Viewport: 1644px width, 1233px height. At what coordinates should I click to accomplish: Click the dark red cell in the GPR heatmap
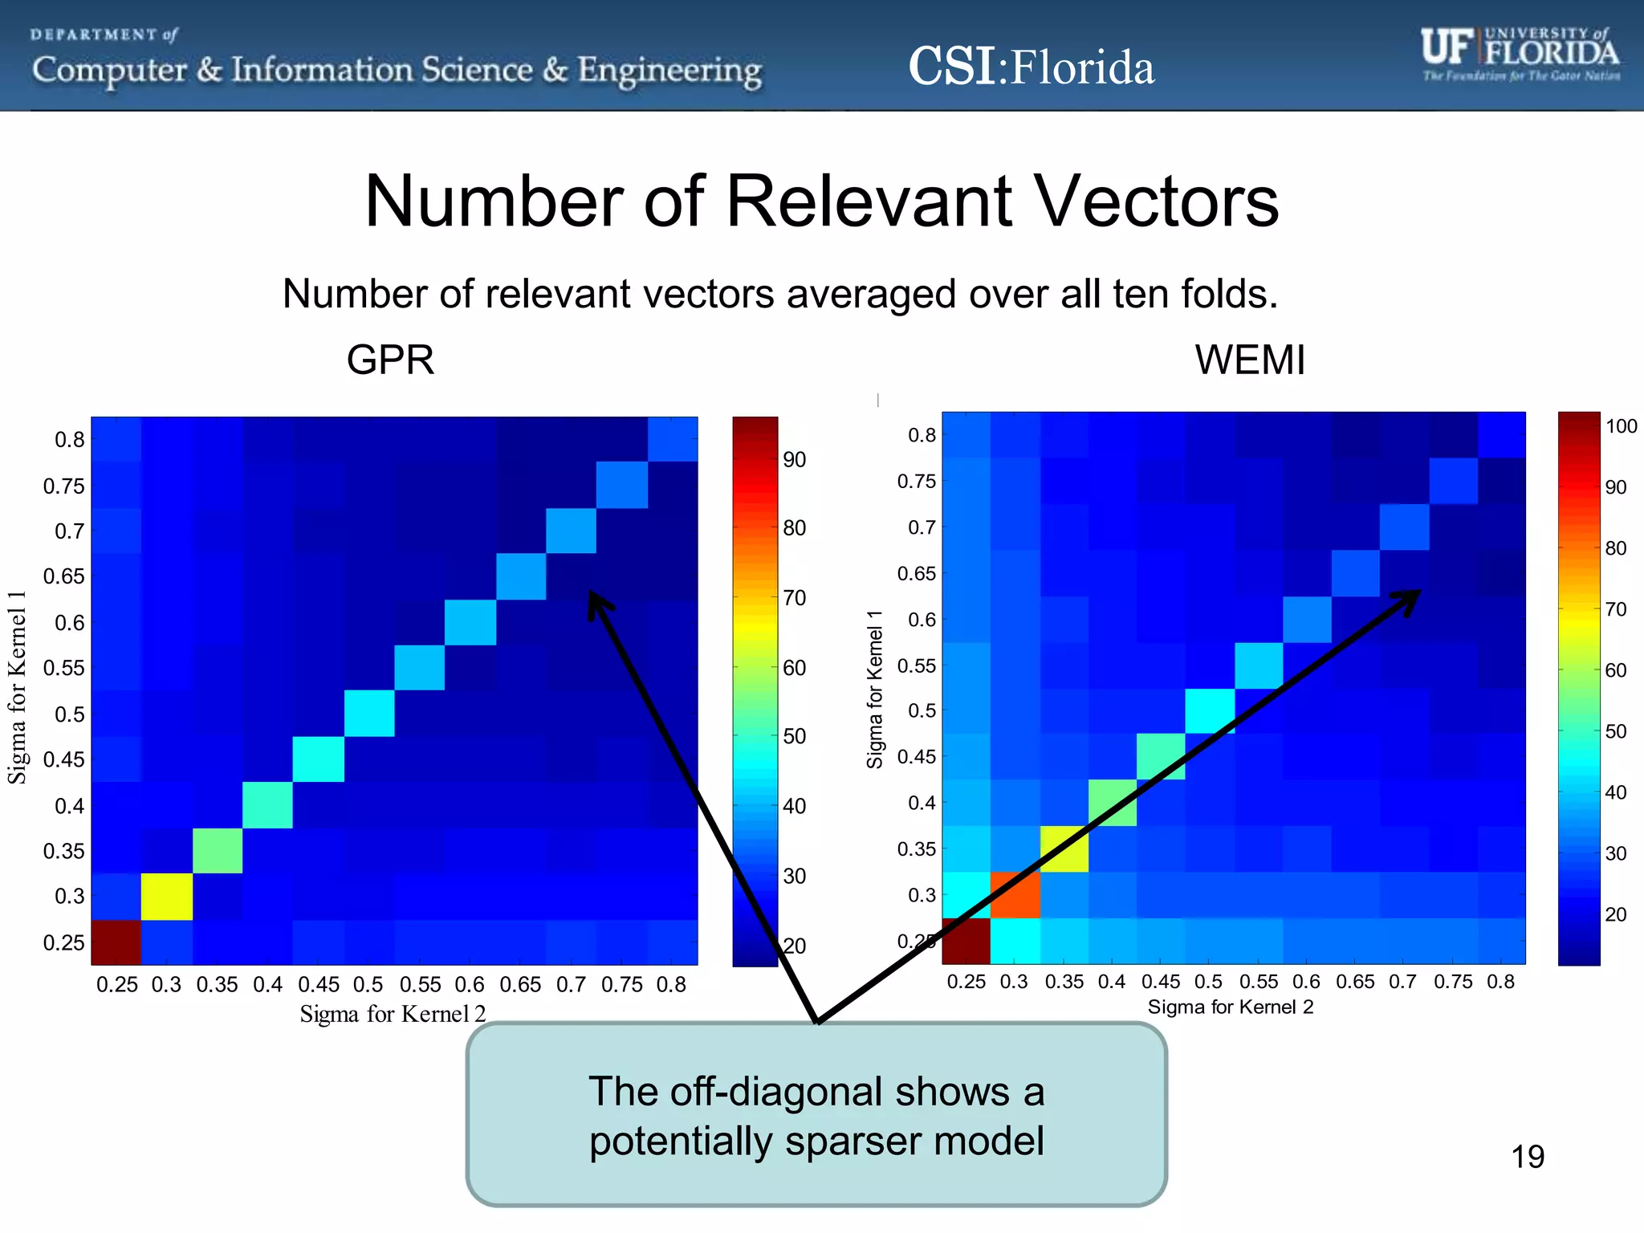(x=116, y=942)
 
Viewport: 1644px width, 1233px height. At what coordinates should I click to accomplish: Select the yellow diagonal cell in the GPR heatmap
(x=167, y=897)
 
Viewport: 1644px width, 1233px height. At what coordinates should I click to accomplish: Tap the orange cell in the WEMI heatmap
(x=1015, y=895)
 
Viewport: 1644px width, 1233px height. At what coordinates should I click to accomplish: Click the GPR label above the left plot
(x=390, y=360)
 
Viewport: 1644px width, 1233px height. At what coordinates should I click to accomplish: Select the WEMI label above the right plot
(x=1250, y=360)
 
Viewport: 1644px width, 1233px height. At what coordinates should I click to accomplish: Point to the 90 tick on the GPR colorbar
(x=794, y=460)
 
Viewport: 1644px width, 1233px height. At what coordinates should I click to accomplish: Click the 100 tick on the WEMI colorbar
(x=1620, y=426)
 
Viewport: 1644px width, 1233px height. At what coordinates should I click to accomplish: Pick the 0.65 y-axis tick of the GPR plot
(x=63, y=576)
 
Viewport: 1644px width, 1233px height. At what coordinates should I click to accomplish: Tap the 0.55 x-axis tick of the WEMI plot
(x=1258, y=982)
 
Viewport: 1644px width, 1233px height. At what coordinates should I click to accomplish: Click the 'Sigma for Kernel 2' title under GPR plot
(x=393, y=1014)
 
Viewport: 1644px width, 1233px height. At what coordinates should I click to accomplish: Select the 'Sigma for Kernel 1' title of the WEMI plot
(x=874, y=689)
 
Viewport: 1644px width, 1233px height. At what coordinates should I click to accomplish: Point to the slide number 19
(x=1527, y=1157)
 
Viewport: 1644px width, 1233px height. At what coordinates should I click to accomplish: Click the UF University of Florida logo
(x=1520, y=55)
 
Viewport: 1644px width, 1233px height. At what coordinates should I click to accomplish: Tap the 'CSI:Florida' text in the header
(x=1031, y=67)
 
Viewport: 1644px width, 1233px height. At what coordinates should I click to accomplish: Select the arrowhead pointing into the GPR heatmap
(x=597, y=603)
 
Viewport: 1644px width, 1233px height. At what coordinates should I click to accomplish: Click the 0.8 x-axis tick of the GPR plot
(x=670, y=985)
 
